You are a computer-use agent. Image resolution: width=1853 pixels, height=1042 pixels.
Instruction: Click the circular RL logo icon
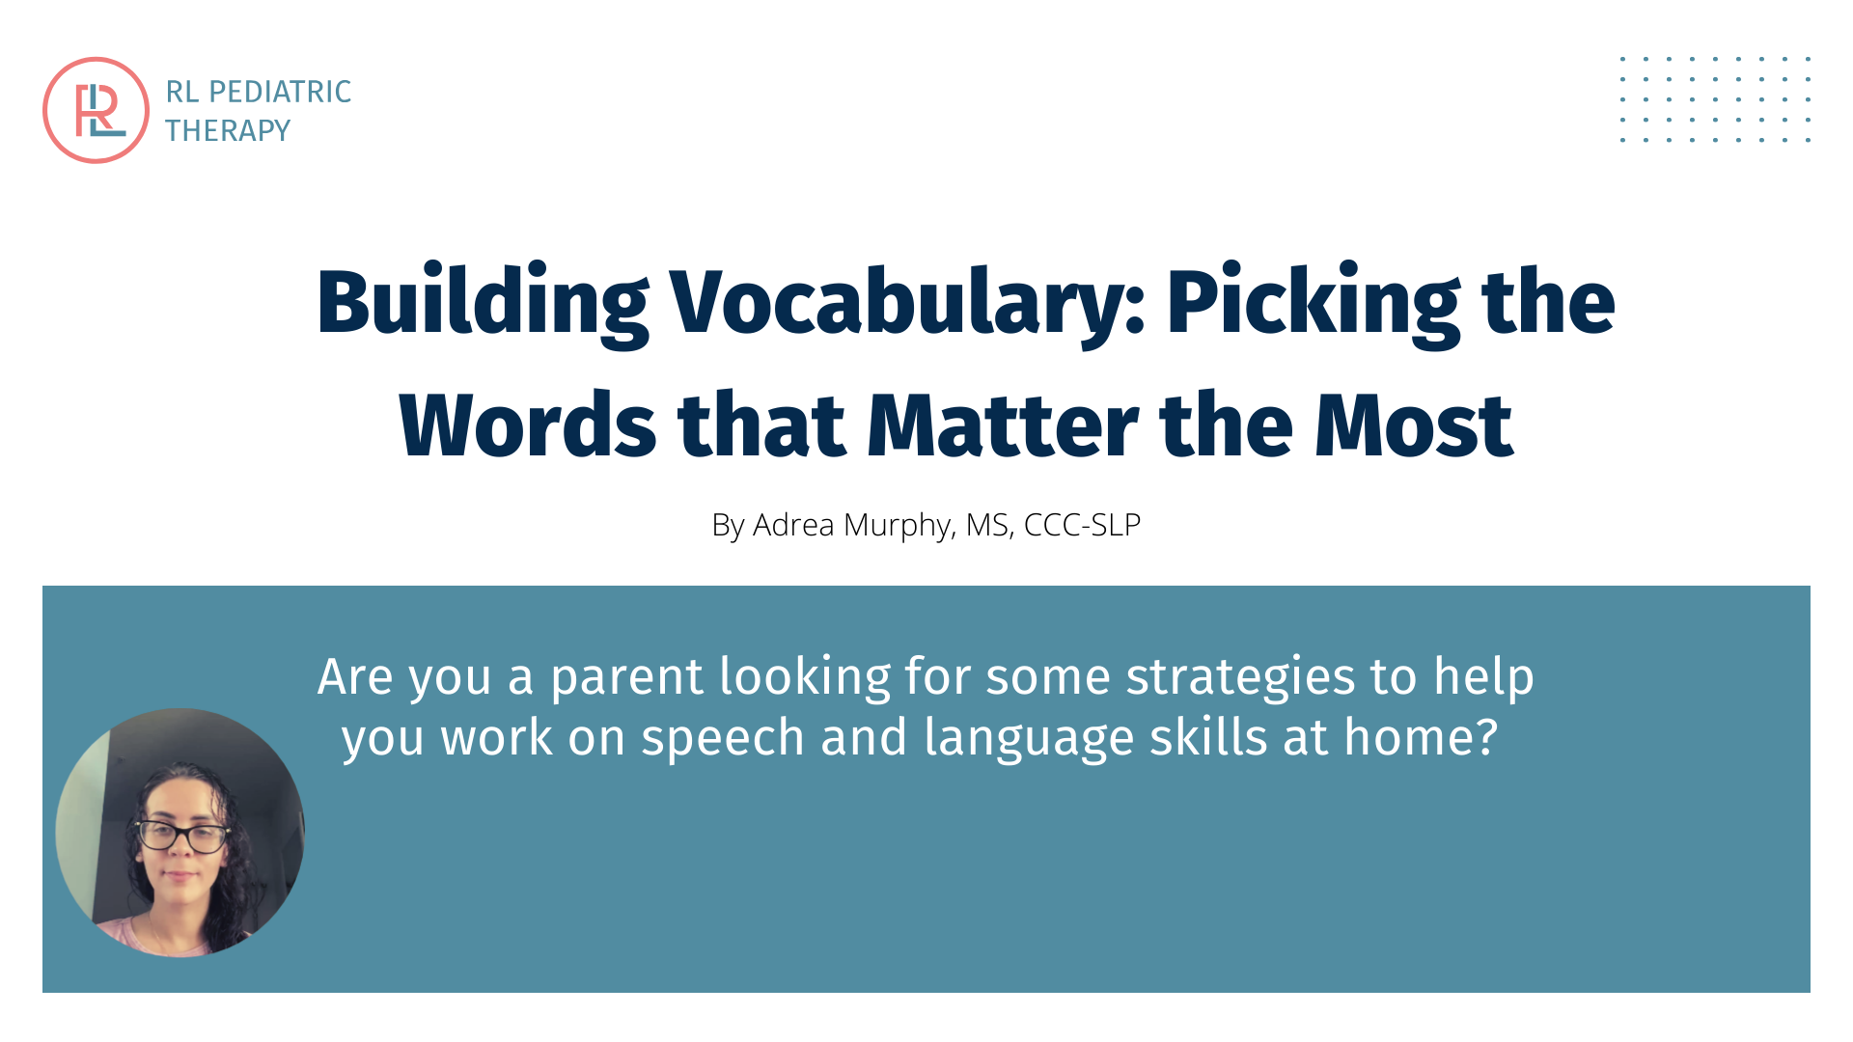click(96, 110)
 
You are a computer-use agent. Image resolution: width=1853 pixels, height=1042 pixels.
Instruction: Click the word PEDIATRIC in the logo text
click(280, 92)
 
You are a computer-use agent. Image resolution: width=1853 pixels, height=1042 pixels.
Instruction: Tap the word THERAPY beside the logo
click(228, 130)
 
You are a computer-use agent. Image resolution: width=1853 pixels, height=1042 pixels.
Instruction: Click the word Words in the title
click(528, 425)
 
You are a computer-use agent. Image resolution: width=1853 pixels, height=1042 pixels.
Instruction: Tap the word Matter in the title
click(1003, 425)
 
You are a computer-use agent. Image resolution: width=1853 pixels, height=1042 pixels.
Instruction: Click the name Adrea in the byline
click(793, 525)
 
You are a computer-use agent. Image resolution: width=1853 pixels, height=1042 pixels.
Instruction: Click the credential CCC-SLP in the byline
click(1082, 525)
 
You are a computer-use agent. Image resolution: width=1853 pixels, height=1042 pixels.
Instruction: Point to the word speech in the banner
click(723, 739)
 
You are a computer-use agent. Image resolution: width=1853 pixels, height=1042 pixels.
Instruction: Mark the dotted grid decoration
click(1716, 99)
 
